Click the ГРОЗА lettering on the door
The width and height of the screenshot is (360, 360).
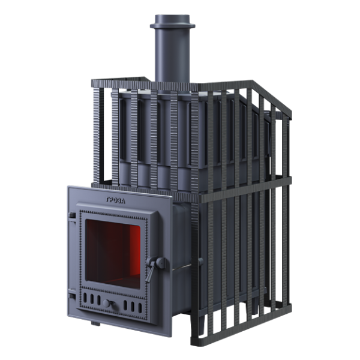(116, 200)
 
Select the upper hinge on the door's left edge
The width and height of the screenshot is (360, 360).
(71, 217)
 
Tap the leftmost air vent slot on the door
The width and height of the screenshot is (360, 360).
(85, 298)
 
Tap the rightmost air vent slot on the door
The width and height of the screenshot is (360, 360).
(140, 308)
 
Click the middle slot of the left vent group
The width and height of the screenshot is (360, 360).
(92, 299)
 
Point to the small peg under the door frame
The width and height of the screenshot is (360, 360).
(95, 324)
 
